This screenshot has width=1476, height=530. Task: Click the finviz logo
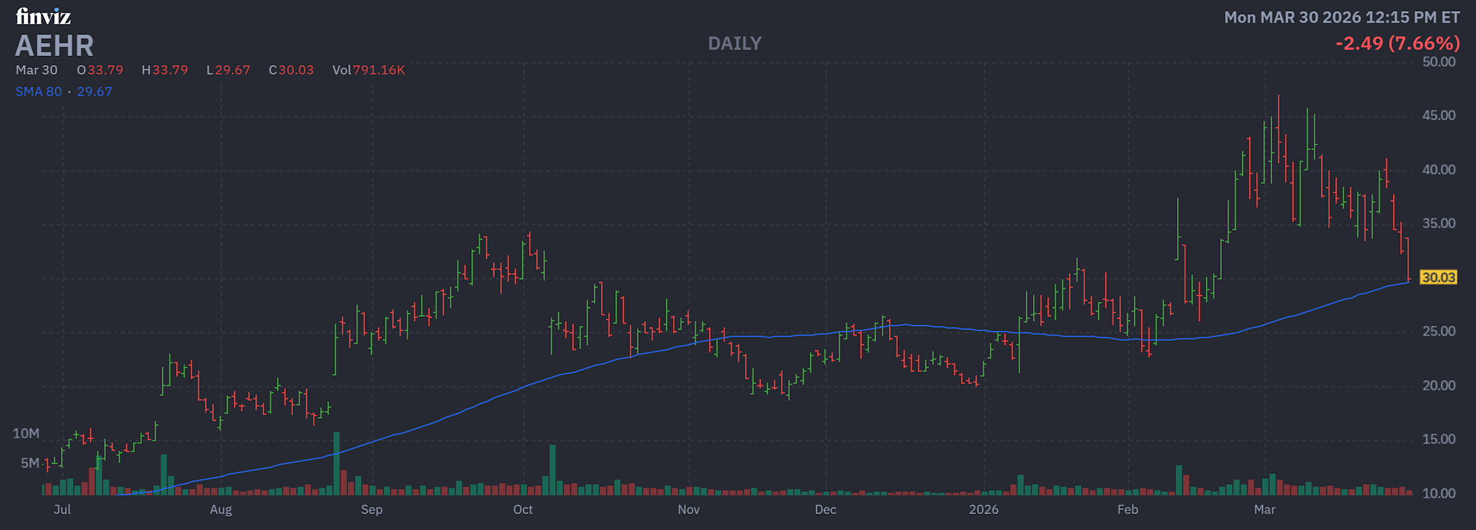point(43,17)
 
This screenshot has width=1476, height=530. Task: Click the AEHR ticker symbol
point(54,45)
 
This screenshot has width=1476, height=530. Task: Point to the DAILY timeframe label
point(735,44)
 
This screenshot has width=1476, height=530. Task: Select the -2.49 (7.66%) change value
point(1397,44)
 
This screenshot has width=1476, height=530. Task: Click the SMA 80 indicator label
point(38,92)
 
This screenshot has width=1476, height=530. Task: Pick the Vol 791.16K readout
point(369,70)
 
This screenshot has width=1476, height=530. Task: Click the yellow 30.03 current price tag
point(1438,277)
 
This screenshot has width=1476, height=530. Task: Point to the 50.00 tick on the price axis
point(1438,62)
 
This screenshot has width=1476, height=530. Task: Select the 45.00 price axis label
point(1438,116)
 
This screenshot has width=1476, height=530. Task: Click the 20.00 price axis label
point(1438,386)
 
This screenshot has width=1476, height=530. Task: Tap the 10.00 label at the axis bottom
point(1438,493)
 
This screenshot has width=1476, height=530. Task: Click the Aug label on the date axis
point(221,510)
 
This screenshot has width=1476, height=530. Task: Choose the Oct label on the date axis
point(523,510)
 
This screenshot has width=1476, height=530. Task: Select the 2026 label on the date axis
point(983,510)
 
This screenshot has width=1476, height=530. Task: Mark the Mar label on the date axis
point(1264,510)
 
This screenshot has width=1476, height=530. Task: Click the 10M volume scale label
point(26,433)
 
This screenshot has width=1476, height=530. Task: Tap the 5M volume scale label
point(30,463)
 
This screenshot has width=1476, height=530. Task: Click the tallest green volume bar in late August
point(337,464)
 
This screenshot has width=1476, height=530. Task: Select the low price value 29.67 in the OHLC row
point(233,70)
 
